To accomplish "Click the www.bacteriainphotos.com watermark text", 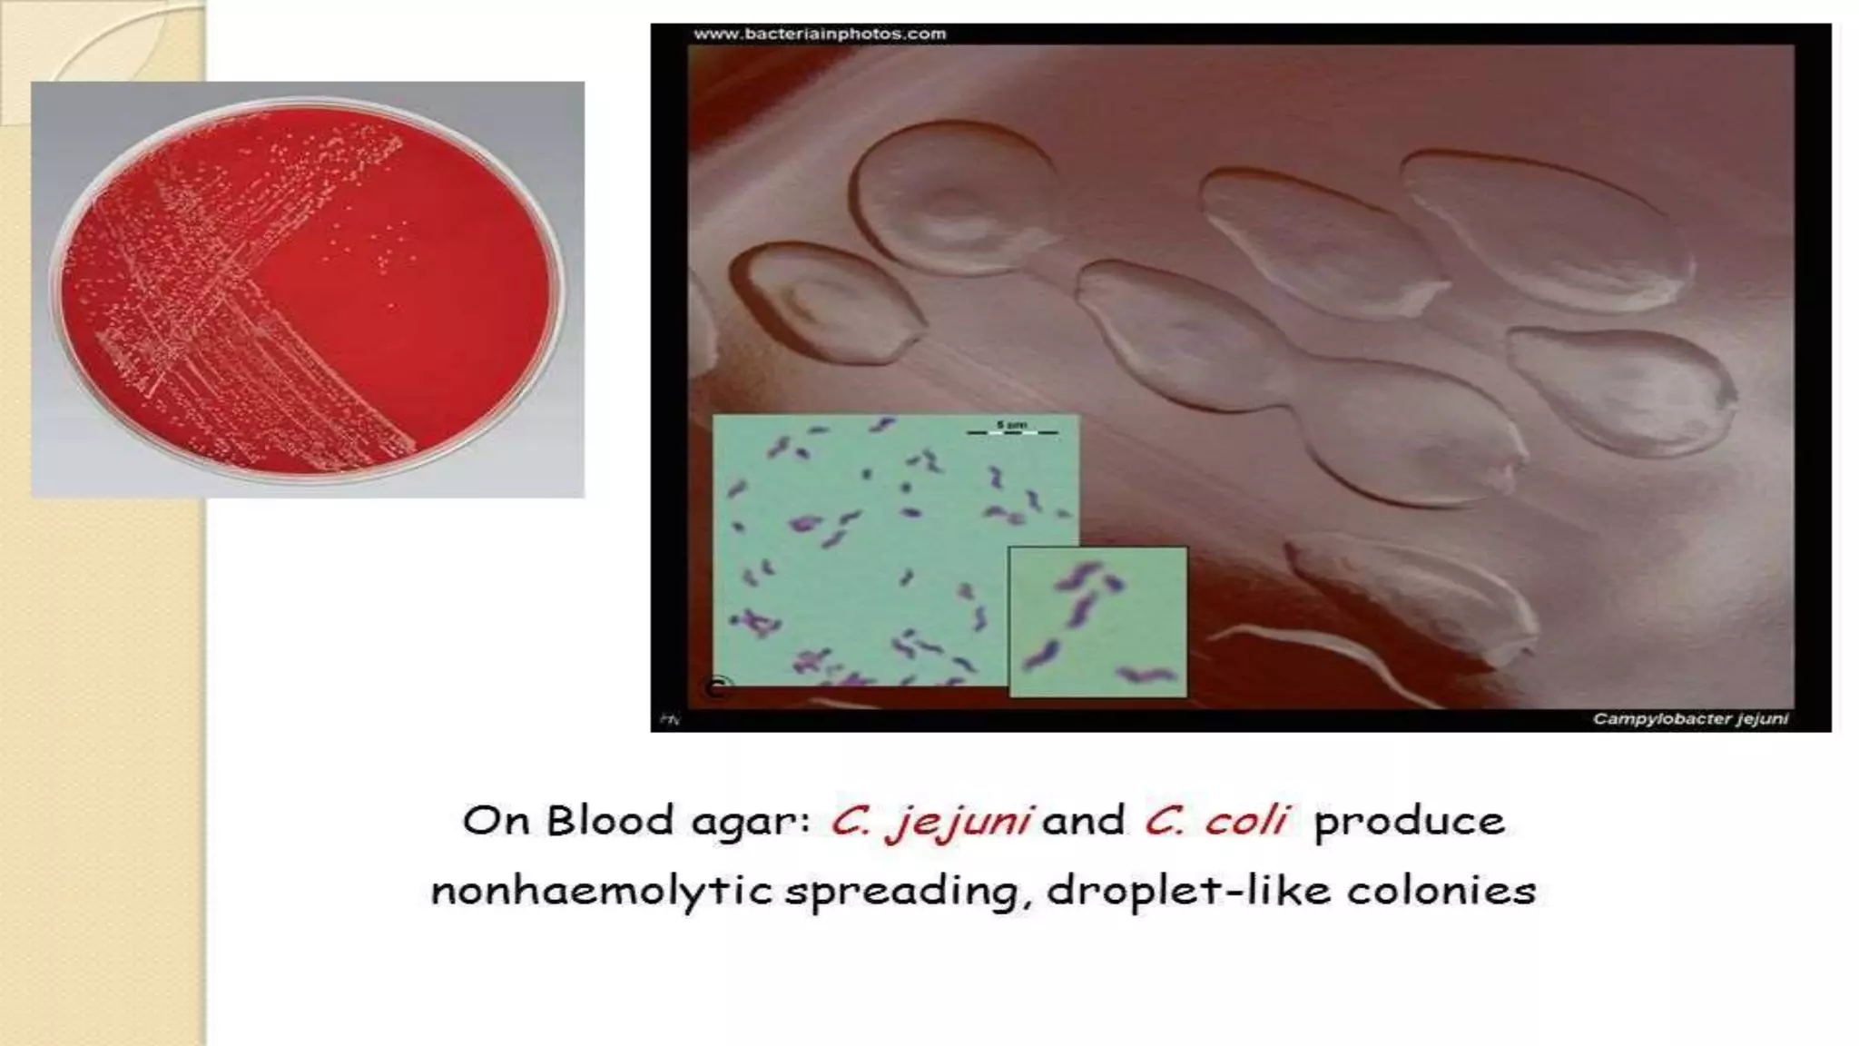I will (820, 35).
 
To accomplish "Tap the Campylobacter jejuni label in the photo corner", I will (1690, 719).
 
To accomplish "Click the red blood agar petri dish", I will (308, 289).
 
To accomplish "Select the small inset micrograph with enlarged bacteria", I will (1097, 622).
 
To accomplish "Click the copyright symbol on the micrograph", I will (717, 687).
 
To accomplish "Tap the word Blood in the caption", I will (609, 821).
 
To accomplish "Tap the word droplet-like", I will (1189, 891).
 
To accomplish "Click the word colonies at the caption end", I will (1441, 890).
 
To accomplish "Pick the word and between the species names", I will (1084, 821).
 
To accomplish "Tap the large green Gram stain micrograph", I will (862, 545).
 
